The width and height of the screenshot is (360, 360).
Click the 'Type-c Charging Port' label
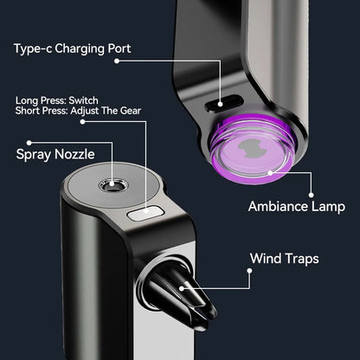click(73, 48)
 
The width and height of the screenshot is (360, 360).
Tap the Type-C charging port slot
click(224, 103)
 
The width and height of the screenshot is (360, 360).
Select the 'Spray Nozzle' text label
click(55, 154)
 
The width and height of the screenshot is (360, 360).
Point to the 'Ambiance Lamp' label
click(297, 207)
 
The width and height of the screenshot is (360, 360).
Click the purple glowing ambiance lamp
click(253, 149)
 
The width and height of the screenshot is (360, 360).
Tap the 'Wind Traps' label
click(285, 259)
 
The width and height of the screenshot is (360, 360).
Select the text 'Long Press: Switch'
click(57, 100)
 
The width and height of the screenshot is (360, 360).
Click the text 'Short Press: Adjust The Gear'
click(78, 111)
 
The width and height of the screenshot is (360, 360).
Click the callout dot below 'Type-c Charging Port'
click(117, 61)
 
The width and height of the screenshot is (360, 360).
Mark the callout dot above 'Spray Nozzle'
click(29, 143)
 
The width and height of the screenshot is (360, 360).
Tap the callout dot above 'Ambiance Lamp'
click(311, 195)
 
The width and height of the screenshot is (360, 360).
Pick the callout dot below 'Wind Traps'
click(249, 271)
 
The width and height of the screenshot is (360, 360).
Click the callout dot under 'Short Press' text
click(82, 122)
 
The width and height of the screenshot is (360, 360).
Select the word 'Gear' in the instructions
click(131, 111)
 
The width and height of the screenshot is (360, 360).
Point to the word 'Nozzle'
click(74, 154)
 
